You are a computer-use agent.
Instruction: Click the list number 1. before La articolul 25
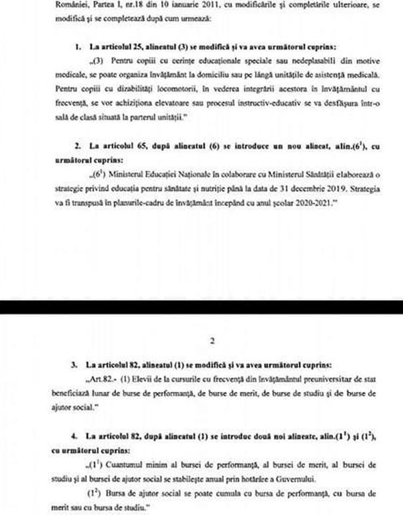78,48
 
